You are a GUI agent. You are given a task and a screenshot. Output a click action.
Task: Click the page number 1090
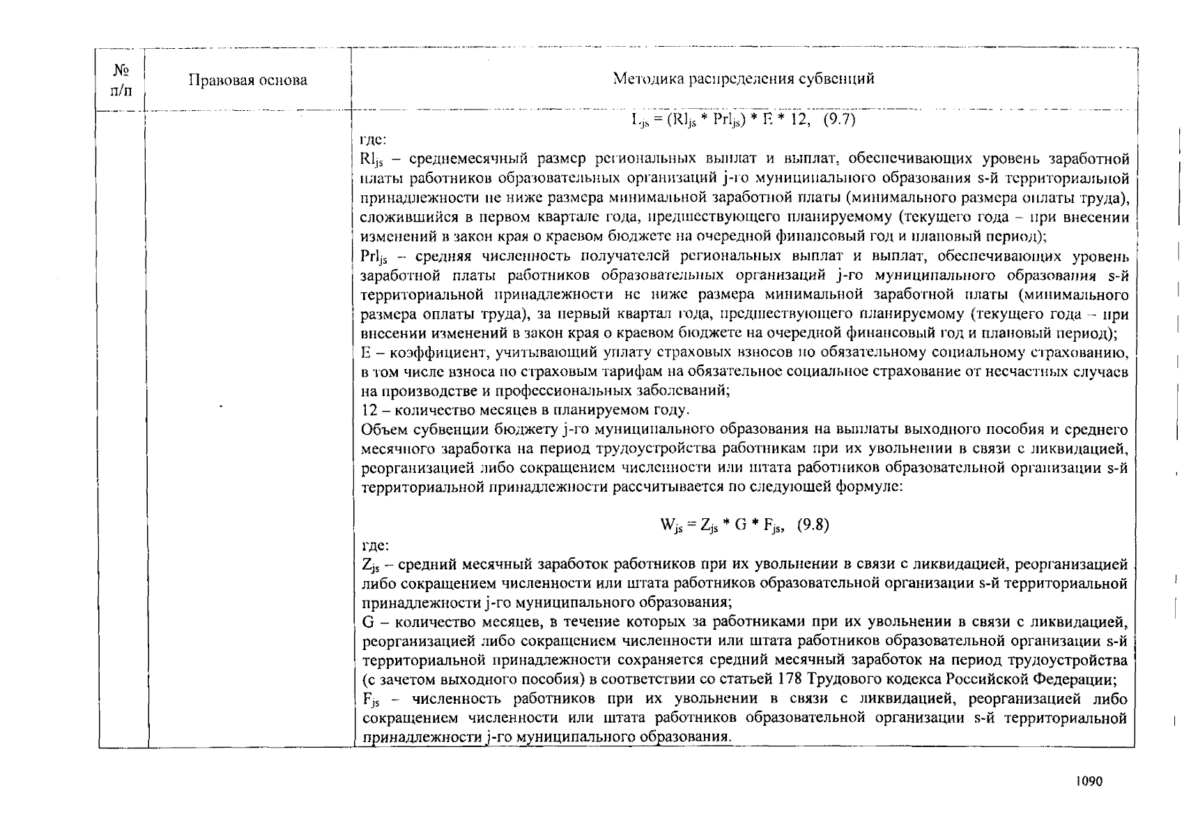(x=1089, y=782)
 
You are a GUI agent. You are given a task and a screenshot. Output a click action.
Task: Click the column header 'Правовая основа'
(x=248, y=80)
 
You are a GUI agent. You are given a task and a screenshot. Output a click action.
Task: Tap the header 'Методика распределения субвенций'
(x=743, y=78)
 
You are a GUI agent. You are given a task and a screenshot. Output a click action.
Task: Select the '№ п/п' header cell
(x=121, y=80)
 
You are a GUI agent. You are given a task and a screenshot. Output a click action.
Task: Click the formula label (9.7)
(x=839, y=119)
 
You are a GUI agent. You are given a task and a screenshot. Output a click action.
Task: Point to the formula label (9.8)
(x=813, y=525)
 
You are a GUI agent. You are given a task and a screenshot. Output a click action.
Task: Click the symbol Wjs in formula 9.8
(x=670, y=526)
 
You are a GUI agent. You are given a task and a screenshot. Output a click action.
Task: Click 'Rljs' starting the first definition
(x=371, y=160)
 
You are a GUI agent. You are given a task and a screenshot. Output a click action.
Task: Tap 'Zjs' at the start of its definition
(x=370, y=564)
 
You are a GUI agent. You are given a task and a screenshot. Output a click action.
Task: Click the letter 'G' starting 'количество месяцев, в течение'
(x=368, y=621)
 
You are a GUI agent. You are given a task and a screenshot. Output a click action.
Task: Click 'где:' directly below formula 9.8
(x=374, y=545)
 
